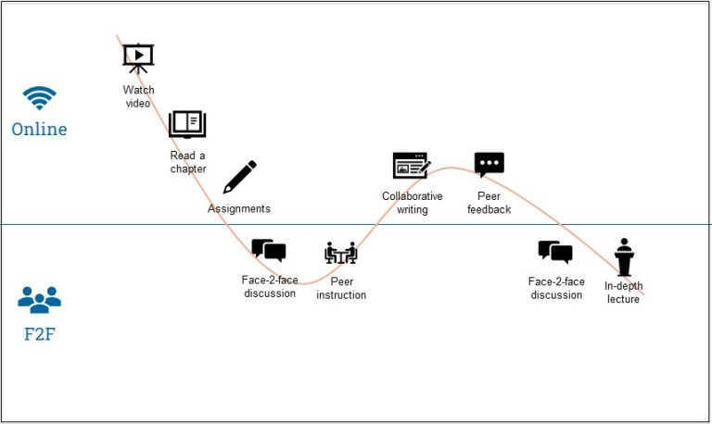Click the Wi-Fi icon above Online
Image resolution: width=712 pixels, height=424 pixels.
39,98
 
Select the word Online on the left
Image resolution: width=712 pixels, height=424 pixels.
39,130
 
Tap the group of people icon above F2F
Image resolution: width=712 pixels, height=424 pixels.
39,299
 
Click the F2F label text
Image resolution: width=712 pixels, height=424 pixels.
39,334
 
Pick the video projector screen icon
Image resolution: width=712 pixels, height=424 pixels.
138,57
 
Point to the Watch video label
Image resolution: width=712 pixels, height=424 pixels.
138,96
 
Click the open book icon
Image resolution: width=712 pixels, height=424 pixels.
187,124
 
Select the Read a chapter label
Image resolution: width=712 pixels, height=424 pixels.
187,162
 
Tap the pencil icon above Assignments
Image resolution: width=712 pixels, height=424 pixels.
239,177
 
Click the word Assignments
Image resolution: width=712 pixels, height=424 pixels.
239,209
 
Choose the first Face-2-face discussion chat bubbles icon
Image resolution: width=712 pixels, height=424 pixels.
269,250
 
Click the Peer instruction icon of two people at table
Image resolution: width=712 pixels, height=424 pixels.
341,253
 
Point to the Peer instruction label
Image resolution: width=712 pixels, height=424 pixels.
341,288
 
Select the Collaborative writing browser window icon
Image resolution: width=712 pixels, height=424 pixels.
412,166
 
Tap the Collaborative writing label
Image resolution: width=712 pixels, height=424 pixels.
413,203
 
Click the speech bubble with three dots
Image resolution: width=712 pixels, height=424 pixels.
489,165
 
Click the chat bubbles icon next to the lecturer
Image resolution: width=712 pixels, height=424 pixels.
555,252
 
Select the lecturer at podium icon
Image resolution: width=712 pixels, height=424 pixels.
624,256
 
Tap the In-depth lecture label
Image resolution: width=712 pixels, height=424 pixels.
623,293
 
